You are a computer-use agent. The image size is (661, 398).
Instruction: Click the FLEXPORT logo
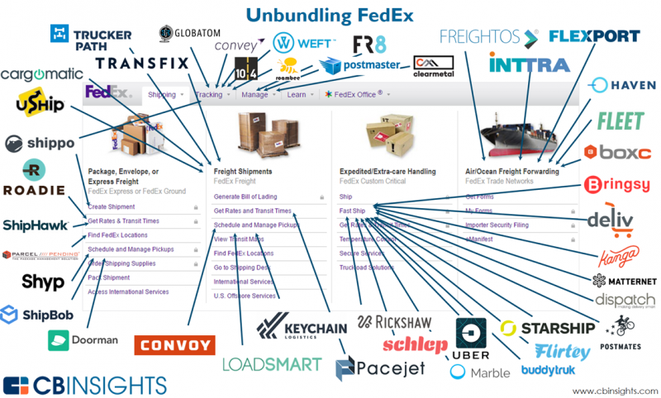click(x=594, y=36)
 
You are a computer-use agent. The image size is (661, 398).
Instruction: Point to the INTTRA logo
click(x=528, y=64)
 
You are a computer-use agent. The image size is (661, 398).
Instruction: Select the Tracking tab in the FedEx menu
click(x=210, y=95)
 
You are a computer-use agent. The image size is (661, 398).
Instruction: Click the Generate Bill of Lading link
click(x=246, y=197)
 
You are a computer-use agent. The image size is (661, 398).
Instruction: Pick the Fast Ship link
click(x=352, y=211)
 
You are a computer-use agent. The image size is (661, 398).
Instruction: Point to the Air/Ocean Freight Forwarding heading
click(x=511, y=171)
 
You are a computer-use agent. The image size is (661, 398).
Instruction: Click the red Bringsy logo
click(x=616, y=184)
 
